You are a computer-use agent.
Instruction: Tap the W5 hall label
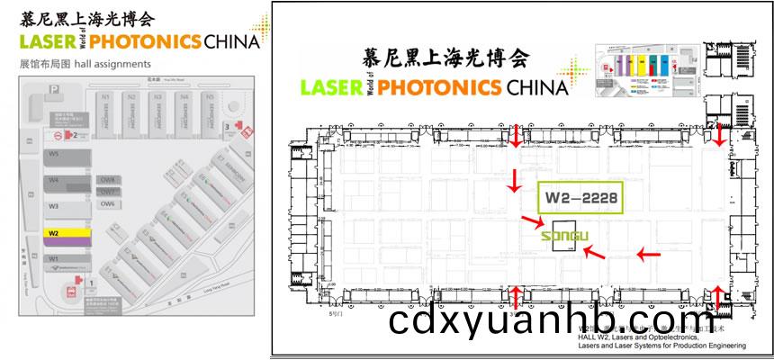point(54,155)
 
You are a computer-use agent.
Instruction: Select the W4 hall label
point(54,180)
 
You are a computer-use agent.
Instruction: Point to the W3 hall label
point(54,206)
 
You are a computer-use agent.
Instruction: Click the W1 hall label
point(54,259)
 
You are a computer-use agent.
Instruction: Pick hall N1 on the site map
point(106,95)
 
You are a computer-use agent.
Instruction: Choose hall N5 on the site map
point(209,95)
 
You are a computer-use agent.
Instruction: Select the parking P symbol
point(56,88)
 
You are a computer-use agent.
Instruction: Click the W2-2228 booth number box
point(580,197)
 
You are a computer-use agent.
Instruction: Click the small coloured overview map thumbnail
point(643,64)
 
